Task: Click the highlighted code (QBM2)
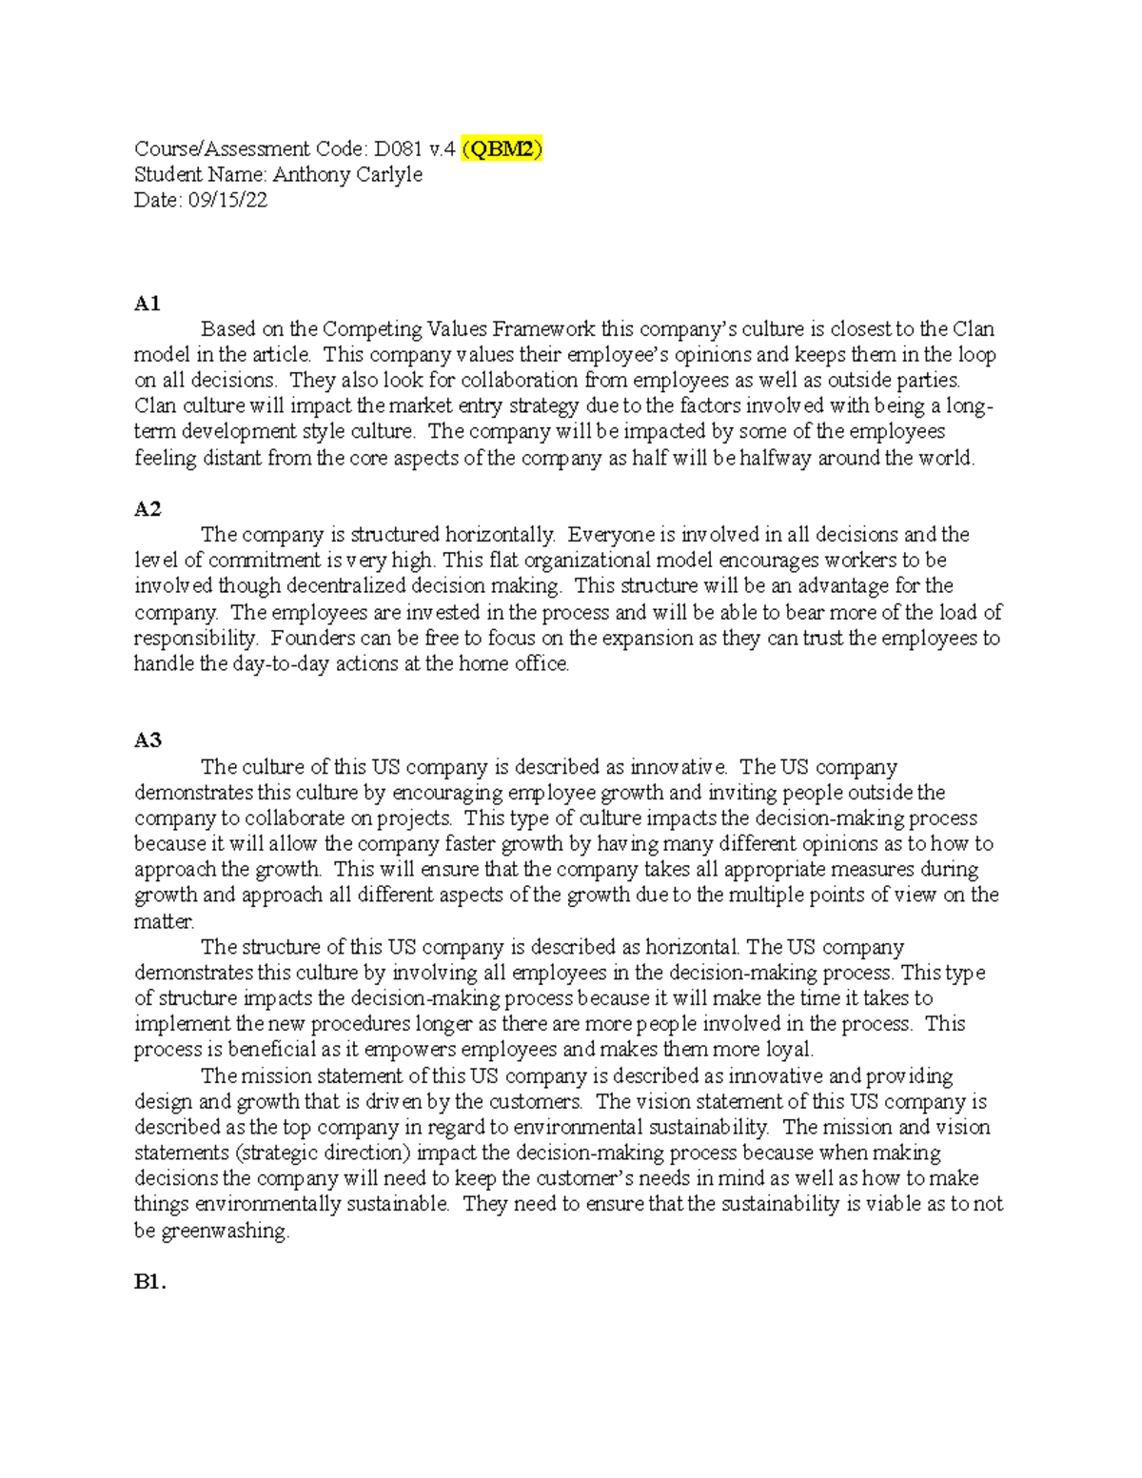pos(502,148)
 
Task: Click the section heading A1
pos(148,304)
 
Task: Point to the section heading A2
pos(148,509)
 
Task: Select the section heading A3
pos(148,740)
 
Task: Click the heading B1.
pos(149,1282)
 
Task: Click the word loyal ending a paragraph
pos(790,1050)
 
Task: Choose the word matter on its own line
pos(164,921)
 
